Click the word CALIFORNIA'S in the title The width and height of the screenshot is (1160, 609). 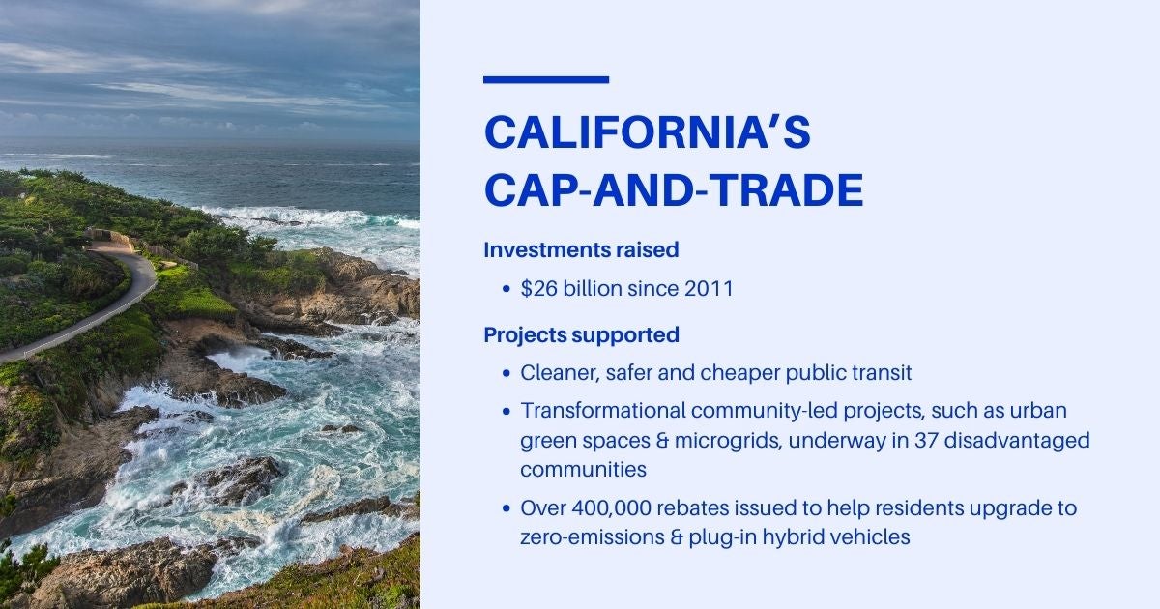point(647,133)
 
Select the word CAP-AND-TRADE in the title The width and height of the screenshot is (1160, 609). point(673,190)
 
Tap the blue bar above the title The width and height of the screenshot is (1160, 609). point(546,80)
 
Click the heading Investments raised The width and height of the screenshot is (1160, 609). point(581,249)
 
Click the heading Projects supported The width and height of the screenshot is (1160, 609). point(581,335)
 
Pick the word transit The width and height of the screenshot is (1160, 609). point(881,373)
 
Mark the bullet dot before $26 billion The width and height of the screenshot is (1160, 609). point(507,289)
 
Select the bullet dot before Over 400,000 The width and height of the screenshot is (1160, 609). point(507,508)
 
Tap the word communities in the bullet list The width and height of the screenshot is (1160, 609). point(583,471)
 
